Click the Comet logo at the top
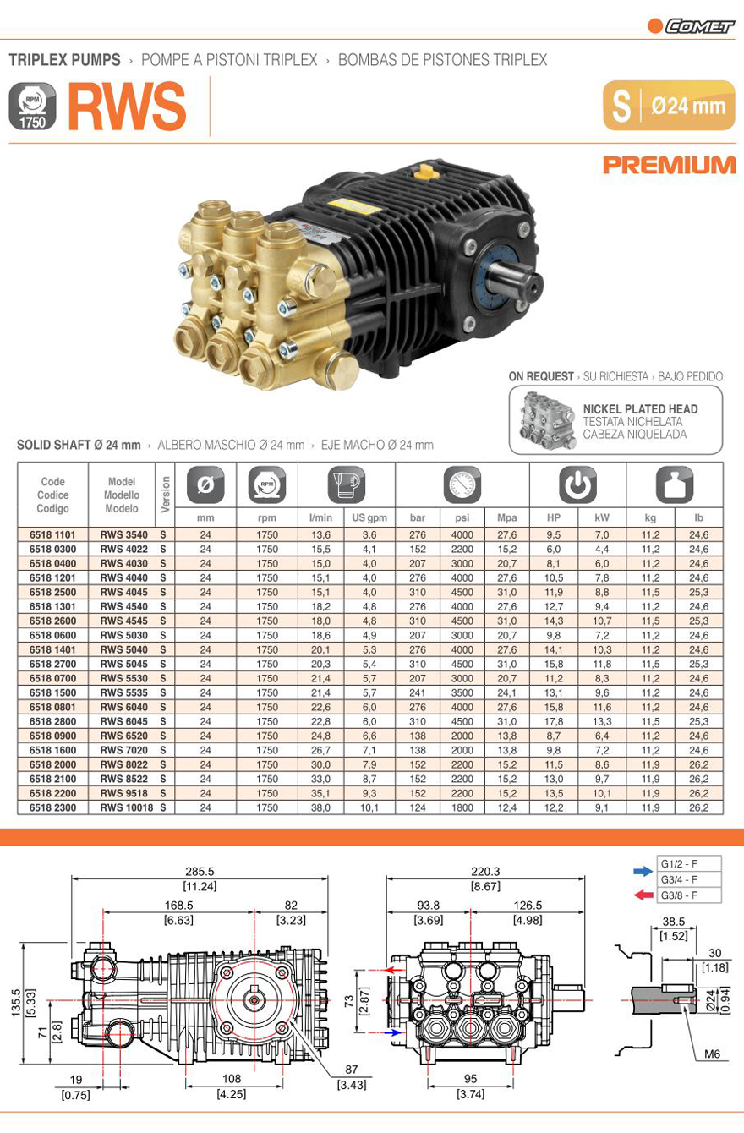tap(691, 26)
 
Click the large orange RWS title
tap(127, 107)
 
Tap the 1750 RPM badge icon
tap(32, 107)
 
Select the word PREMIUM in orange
tap(669, 166)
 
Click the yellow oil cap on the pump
tap(424, 171)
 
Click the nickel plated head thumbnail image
tap(547, 420)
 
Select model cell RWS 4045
tap(124, 592)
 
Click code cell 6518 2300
tap(52, 807)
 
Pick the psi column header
tap(462, 517)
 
